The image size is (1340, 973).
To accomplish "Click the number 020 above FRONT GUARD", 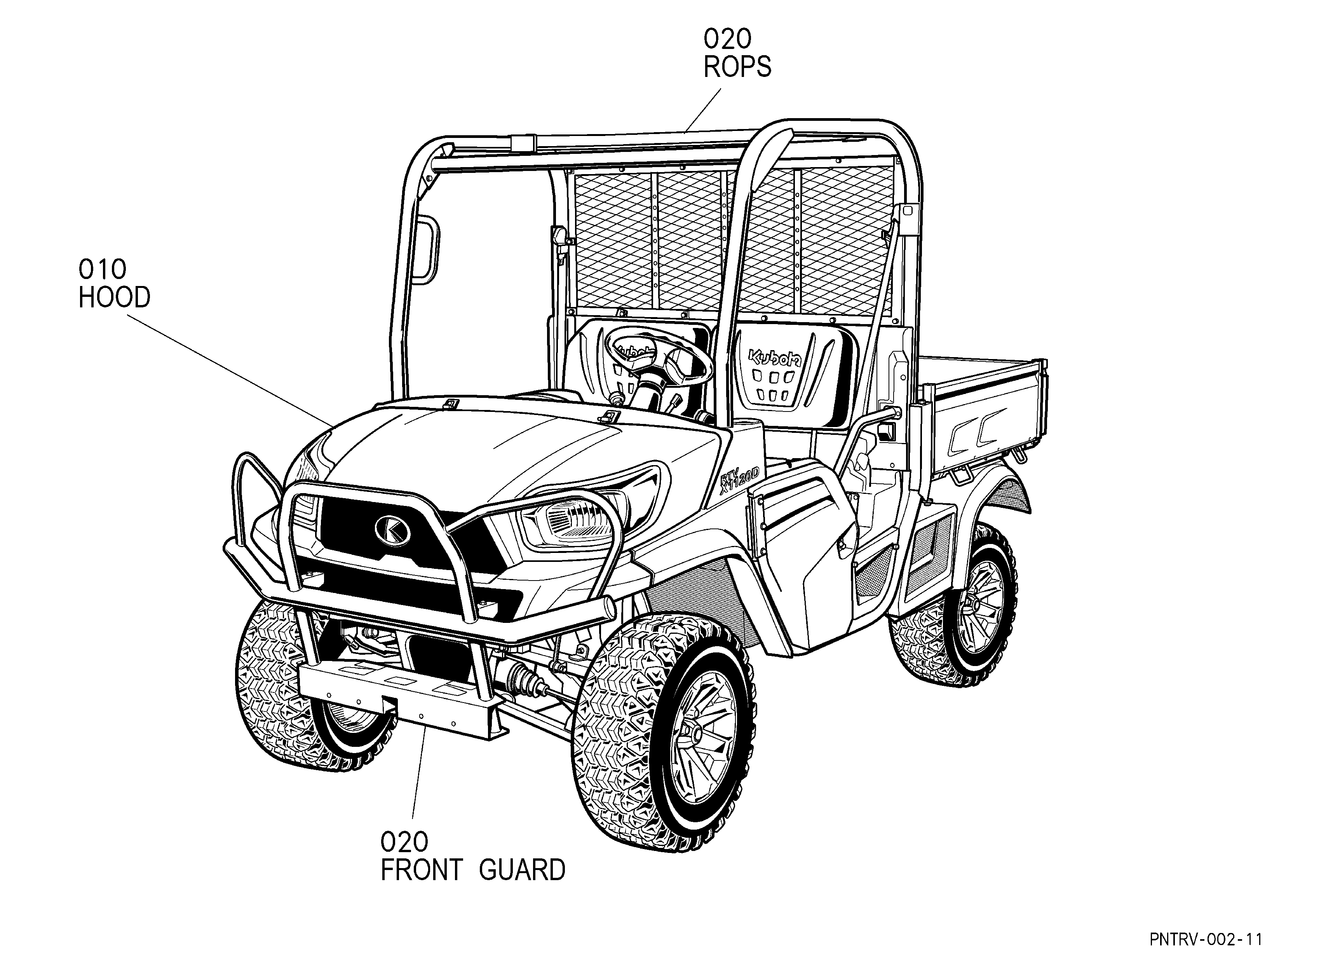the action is [404, 842].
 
